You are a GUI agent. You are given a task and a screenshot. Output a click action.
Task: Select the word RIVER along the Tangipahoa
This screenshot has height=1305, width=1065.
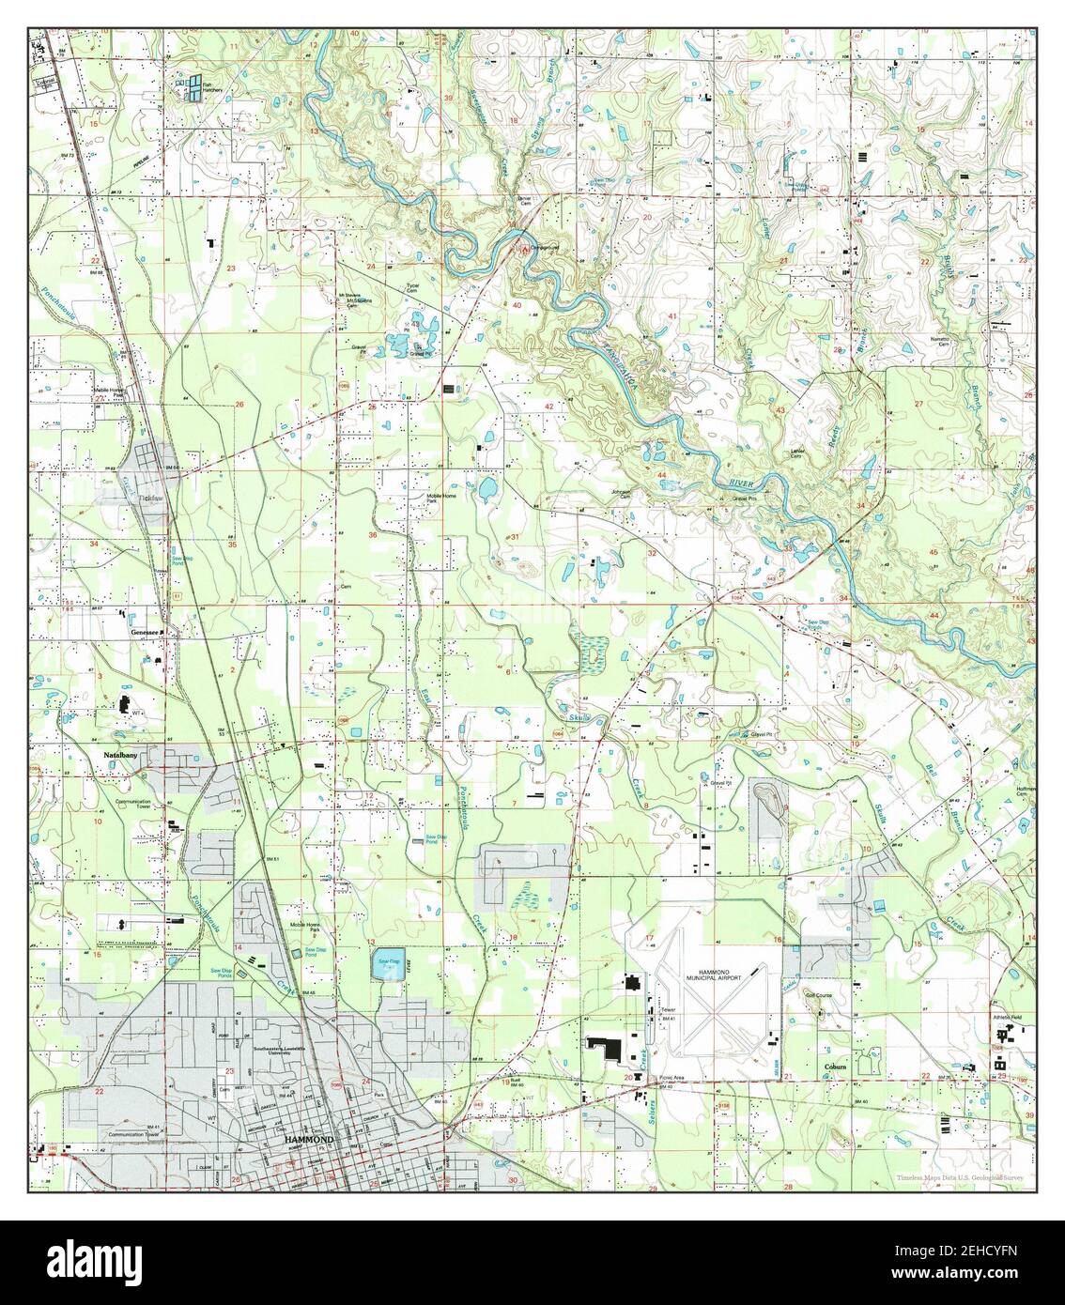click(x=741, y=482)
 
